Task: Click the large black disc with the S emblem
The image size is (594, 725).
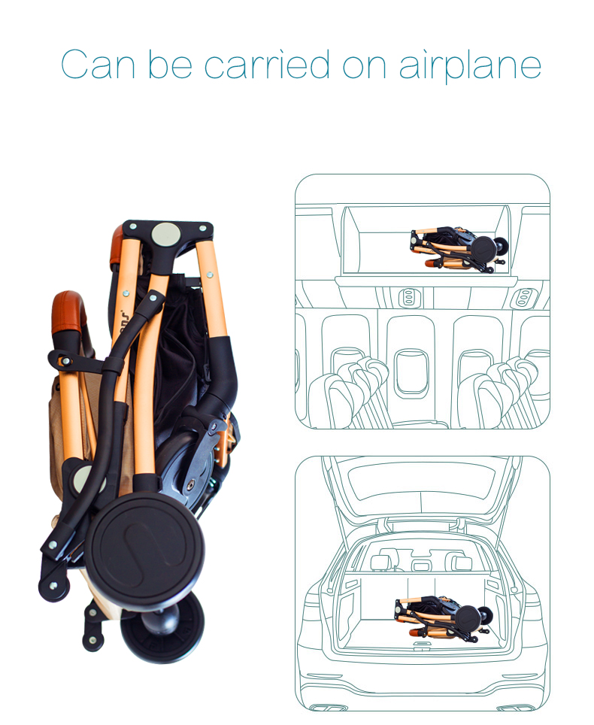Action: click(x=145, y=552)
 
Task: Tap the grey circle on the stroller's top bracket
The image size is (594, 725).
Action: click(x=166, y=233)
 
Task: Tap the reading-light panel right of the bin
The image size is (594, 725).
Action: click(x=521, y=298)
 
